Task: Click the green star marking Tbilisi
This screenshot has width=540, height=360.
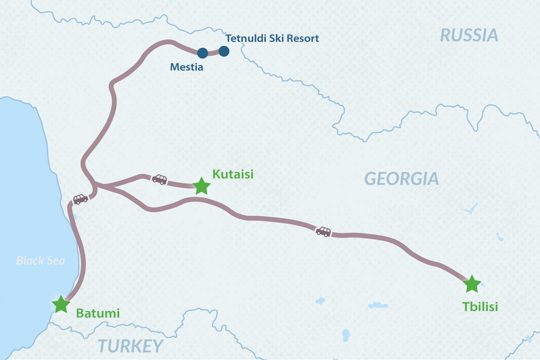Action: tap(472, 284)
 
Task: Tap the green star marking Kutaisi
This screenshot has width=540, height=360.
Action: tap(202, 186)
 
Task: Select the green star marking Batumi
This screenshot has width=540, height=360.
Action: tap(62, 304)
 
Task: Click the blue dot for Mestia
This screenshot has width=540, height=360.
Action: tap(202, 53)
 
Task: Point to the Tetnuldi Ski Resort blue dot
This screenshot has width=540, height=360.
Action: tap(224, 51)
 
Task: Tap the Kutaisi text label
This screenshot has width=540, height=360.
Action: tap(233, 174)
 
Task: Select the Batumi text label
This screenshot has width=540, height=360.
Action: tap(98, 313)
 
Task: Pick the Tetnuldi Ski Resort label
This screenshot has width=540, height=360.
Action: tap(273, 38)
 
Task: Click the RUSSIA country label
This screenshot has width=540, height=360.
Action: tap(469, 35)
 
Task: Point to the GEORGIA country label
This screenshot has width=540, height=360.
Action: tap(401, 179)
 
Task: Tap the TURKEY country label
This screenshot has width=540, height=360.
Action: tap(131, 346)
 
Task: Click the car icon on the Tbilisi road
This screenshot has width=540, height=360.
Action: tap(323, 231)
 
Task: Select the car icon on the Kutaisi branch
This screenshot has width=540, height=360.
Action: tap(159, 179)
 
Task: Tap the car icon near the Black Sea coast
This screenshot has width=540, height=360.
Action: tap(81, 199)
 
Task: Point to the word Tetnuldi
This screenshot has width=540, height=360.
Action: tap(247, 38)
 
